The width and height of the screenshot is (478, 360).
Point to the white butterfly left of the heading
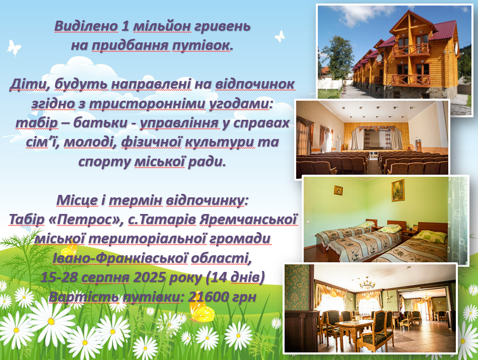coord(14,47)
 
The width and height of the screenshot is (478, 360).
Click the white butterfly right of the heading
coord(280,36)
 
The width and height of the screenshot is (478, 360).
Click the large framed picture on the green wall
coord(398,190)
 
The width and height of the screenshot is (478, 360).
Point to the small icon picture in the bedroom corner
coord(338,190)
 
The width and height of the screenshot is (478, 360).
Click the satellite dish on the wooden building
coord(379,58)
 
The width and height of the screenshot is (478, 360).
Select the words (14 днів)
coord(235,278)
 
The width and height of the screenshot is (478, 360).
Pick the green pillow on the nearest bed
coord(432,235)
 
